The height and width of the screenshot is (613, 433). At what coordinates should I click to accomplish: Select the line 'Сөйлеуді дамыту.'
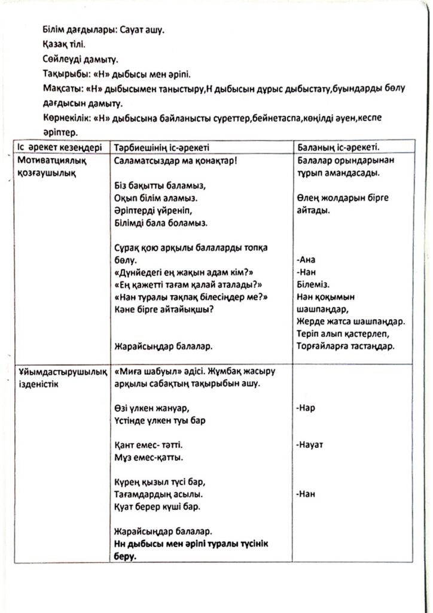tap(81, 59)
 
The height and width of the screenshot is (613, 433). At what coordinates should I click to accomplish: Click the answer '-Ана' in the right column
tap(306, 260)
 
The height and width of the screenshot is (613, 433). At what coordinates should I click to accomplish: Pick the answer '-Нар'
tap(306, 408)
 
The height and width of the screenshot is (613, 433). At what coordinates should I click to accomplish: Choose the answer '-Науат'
tap(310, 445)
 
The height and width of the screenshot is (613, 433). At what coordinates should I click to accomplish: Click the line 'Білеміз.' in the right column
tap(313, 285)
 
